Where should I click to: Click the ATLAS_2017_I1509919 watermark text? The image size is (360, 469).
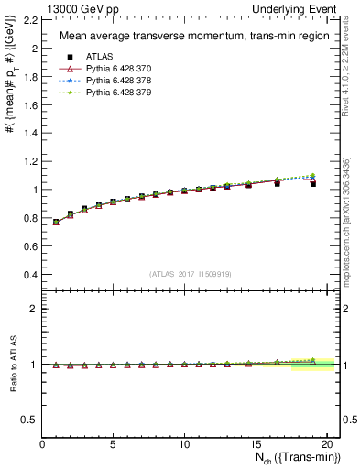(190, 273)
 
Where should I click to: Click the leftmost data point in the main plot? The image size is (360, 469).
(56, 222)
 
